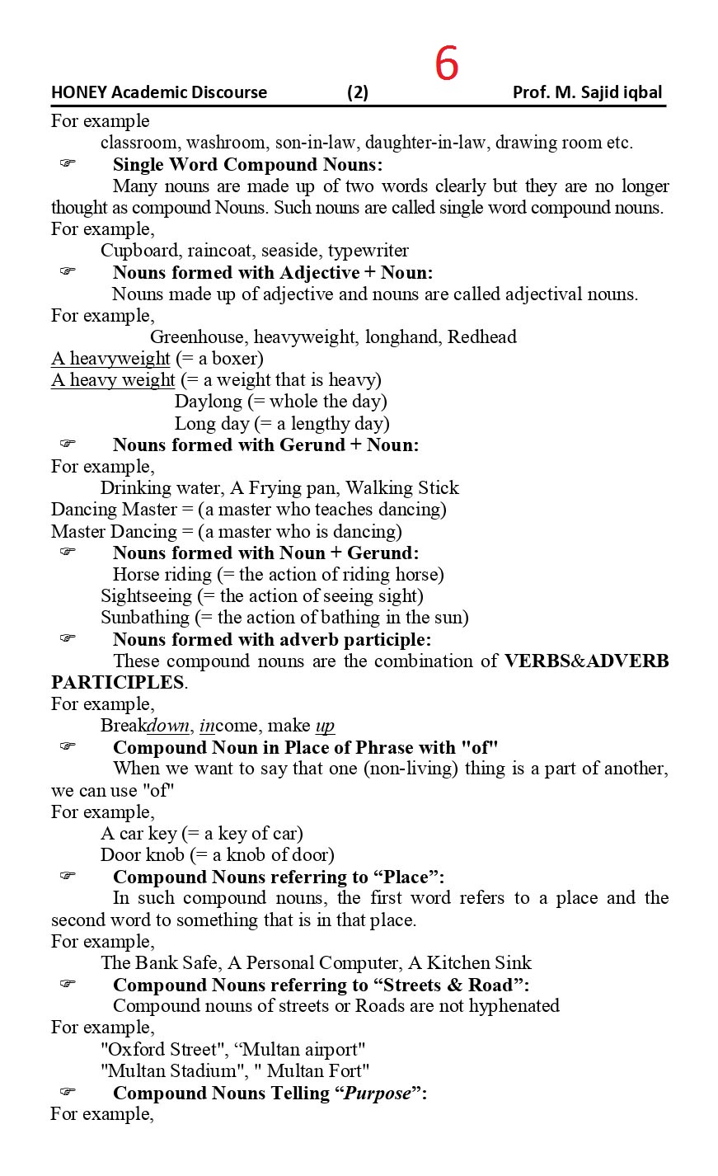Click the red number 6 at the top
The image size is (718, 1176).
[x=446, y=64]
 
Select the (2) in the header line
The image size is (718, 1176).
[x=358, y=92]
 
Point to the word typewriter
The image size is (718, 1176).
[x=368, y=251]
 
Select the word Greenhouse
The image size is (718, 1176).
[x=197, y=337]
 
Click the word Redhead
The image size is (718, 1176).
[x=482, y=337]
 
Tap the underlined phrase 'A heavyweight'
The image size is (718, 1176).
[x=110, y=359]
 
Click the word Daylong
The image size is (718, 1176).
[x=209, y=402]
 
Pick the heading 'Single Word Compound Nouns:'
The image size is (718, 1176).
[x=247, y=164]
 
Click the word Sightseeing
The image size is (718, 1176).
[x=145, y=596]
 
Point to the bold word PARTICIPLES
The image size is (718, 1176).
[x=118, y=683]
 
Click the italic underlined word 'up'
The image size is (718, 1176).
[x=325, y=726]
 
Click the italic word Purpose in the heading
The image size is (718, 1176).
[x=377, y=1094]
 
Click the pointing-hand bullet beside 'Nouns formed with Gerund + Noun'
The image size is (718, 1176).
[x=68, y=444]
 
